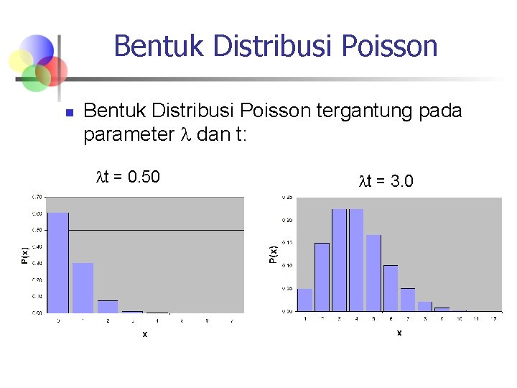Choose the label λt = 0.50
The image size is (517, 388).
[128, 176]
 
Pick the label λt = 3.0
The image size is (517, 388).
[386, 182]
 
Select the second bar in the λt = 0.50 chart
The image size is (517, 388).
[83, 287]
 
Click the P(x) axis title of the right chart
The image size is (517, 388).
[273, 254]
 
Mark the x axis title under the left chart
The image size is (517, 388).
[144, 334]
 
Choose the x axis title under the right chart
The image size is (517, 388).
[399, 333]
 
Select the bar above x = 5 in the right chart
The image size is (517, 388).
[373, 273]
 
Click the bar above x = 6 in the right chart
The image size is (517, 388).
[391, 288]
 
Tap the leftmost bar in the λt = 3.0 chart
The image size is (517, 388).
[305, 300]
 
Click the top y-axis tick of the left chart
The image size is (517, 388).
[35, 196]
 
